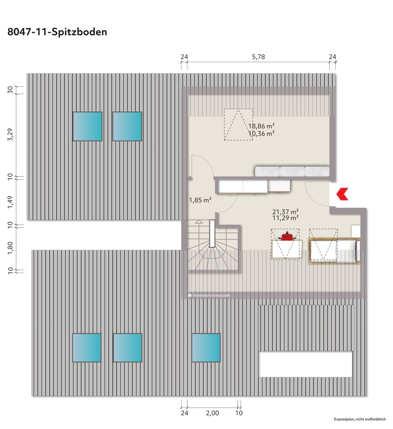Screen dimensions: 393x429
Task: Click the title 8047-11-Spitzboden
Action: pos(57,32)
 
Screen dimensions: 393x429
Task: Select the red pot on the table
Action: pos(287,236)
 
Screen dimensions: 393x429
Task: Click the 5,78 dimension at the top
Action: pos(258,57)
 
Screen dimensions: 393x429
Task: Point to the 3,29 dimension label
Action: pos(10,134)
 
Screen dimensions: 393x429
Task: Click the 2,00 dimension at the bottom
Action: pos(212,413)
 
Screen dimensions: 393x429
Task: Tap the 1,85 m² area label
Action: pos(200,200)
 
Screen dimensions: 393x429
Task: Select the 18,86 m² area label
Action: pos(261,126)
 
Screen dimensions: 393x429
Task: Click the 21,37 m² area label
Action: pos(285,212)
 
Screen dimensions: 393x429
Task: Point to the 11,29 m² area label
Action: pos(285,218)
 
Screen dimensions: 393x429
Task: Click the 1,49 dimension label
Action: pos(10,202)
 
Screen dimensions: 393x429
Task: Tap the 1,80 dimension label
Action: pos(10,248)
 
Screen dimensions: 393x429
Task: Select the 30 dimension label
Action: pos(10,90)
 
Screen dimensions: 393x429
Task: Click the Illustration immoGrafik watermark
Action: pos(209,295)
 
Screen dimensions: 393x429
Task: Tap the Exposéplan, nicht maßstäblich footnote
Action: pos(360,419)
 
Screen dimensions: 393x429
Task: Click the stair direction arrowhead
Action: pos(199,222)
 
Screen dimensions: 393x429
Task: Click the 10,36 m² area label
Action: pos(261,133)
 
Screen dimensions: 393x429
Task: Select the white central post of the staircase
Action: pos(212,234)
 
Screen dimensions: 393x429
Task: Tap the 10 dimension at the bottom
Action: pos(239,413)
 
